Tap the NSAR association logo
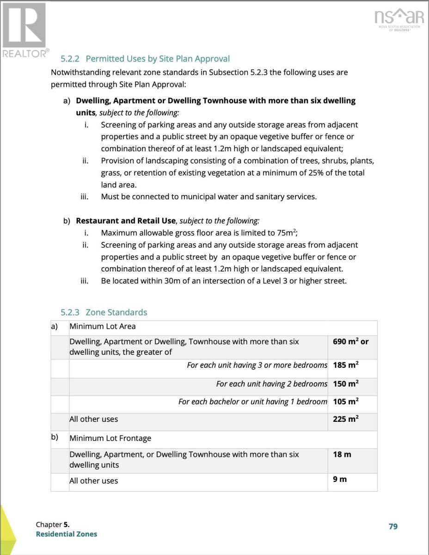[399, 19]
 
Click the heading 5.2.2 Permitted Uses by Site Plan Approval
[145, 59]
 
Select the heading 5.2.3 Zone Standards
[104, 312]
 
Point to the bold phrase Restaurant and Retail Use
[126, 221]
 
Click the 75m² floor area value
[294, 233]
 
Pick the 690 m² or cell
[351, 342]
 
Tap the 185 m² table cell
[346, 365]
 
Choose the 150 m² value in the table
[346, 384]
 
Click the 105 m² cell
[346, 401]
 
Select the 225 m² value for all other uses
[346, 419]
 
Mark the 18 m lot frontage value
[342, 455]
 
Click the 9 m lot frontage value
[340, 479]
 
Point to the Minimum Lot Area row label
[103, 327]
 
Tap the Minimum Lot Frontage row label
[110, 438]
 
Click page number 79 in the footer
[393, 526]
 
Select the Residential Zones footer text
[67, 534]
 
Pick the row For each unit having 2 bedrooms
[271, 384]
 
